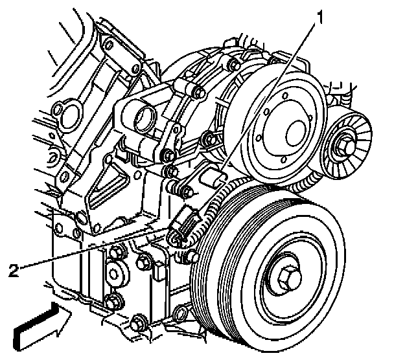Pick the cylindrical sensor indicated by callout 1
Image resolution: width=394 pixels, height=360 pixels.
click(214, 177)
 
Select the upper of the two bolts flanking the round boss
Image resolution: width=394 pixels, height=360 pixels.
click(117, 251)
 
